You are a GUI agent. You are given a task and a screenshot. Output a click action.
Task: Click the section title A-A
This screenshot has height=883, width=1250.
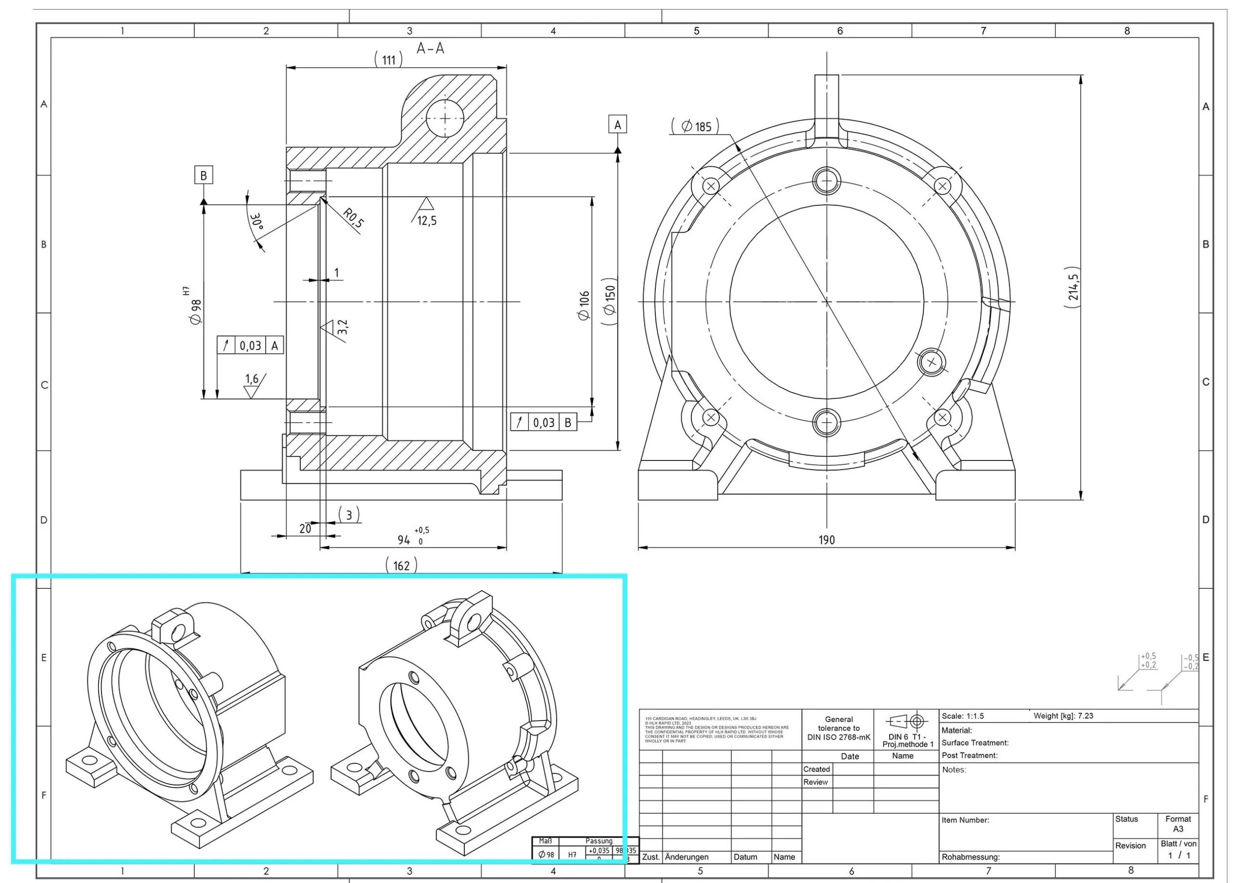point(430,49)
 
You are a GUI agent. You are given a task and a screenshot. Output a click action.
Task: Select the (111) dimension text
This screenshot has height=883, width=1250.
point(389,60)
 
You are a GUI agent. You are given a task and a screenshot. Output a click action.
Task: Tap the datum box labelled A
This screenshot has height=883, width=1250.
point(617,124)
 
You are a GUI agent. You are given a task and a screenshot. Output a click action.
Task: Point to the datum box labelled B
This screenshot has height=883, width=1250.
point(204,175)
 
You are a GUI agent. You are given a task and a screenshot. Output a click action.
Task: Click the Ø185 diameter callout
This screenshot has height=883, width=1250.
point(696,127)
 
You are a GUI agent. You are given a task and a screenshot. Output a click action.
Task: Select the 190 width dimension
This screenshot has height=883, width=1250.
point(827,540)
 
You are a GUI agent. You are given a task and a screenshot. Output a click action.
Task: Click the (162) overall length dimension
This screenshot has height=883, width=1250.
point(401,565)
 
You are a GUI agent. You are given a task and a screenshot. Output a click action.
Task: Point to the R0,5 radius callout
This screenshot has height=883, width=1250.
point(354,218)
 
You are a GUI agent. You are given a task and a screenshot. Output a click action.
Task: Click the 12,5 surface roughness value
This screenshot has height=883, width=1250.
point(427,221)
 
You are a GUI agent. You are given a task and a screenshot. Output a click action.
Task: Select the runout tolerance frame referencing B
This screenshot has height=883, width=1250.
point(543,422)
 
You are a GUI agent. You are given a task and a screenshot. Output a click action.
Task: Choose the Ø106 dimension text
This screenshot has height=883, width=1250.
point(584,306)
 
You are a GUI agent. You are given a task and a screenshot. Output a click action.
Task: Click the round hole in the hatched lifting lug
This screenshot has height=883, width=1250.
point(445,118)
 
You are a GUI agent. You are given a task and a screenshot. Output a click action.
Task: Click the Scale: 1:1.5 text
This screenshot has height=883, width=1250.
point(962,716)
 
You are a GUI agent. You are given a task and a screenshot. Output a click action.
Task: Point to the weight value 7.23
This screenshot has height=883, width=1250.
point(1085,716)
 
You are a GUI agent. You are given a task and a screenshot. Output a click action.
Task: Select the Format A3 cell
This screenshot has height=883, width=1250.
point(1178,823)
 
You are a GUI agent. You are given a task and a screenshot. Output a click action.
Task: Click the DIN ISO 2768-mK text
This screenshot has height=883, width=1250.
point(838,737)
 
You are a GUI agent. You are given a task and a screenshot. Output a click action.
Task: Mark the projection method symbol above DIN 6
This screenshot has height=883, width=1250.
point(906,722)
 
